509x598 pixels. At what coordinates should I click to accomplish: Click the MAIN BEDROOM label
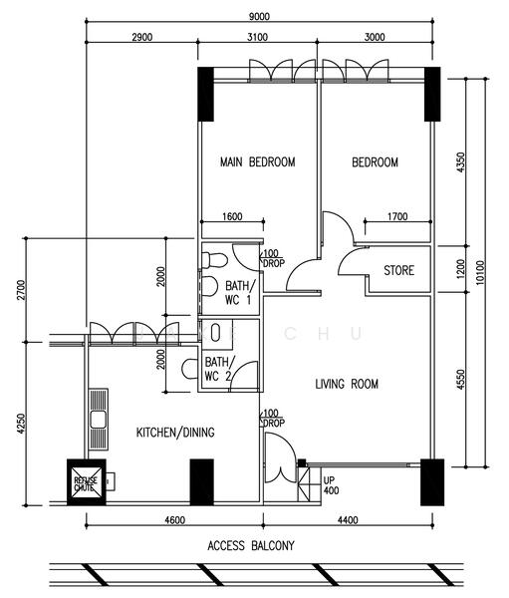(x=258, y=162)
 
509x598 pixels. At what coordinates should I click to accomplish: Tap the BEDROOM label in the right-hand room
(x=375, y=162)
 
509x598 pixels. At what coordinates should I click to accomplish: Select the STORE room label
(x=399, y=270)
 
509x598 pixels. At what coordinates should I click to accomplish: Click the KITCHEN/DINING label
(x=175, y=432)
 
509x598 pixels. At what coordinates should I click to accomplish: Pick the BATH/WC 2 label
(x=219, y=370)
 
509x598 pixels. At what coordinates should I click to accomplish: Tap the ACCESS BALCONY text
(x=251, y=545)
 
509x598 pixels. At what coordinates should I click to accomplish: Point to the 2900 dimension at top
(x=141, y=37)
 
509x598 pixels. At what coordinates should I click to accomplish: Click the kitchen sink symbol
(x=98, y=421)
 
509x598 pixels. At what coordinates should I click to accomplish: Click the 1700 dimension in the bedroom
(x=396, y=216)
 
